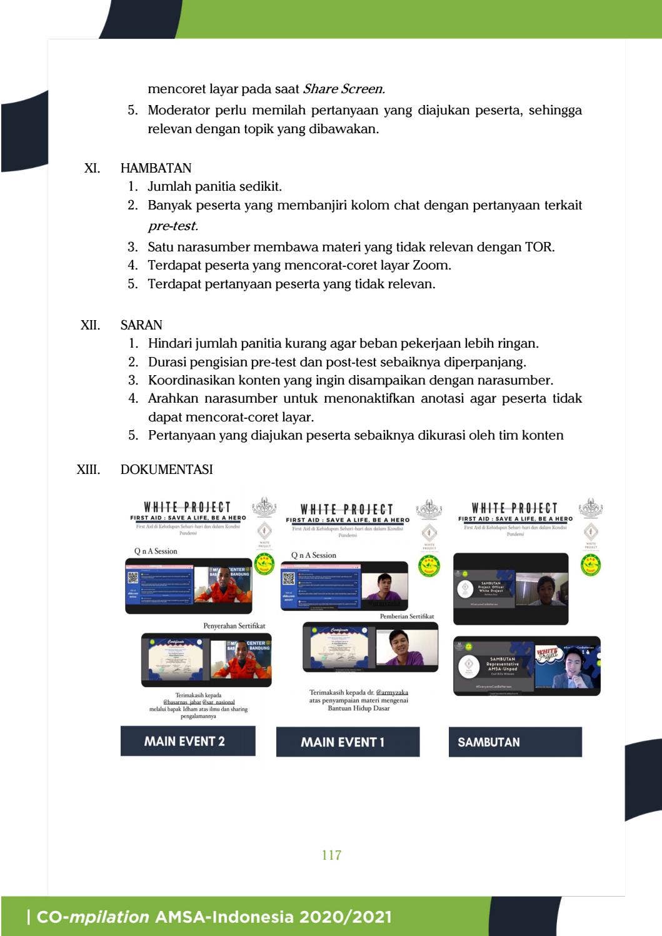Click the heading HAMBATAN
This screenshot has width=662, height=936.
[x=156, y=168]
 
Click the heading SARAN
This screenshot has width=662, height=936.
[x=141, y=325]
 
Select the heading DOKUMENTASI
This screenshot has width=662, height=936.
[x=166, y=470]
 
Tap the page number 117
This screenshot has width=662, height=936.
[x=331, y=855]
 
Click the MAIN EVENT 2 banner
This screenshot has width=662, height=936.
[x=188, y=742]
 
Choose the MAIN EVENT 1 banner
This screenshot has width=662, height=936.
[x=348, y=742]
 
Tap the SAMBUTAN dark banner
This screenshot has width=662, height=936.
[x=514, y=742]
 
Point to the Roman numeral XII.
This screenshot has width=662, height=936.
[x=90, y=325]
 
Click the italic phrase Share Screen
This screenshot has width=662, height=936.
[x=343, y=89]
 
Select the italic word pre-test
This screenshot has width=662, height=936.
[x=173, y=226]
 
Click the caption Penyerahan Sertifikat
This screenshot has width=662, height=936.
[x=234, y=625]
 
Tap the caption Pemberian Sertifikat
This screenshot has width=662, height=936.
[x=406, y=616]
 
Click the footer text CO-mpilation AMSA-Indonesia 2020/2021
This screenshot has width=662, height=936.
[x=209, y=917]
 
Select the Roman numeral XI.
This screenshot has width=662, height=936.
[x=92, y=168]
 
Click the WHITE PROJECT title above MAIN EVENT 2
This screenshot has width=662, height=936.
[x=187, y=507]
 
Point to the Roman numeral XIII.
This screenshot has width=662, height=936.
[x=88, y=470]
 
